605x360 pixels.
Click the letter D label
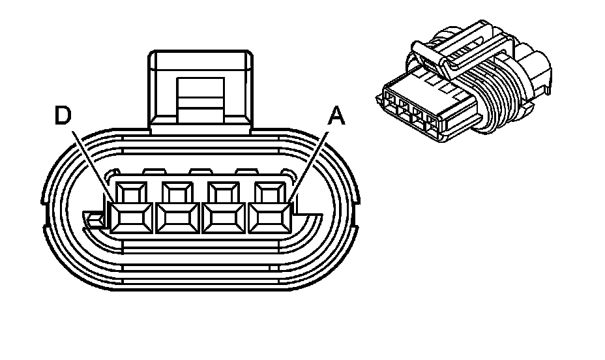coord(62,117)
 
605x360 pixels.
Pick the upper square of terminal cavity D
coord(130,193)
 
